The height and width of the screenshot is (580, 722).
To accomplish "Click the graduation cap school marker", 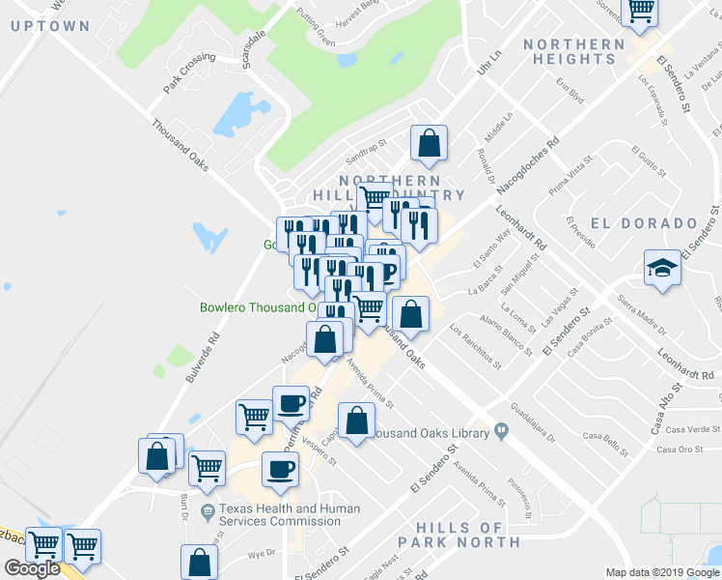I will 663,270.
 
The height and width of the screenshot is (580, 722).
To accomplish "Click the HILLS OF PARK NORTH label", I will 472,535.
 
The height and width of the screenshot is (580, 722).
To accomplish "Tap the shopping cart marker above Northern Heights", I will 640,12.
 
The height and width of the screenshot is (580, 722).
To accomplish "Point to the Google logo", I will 32,568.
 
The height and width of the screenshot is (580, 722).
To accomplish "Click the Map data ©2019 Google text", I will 661,572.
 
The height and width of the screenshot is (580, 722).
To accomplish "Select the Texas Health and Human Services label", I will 289,515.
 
